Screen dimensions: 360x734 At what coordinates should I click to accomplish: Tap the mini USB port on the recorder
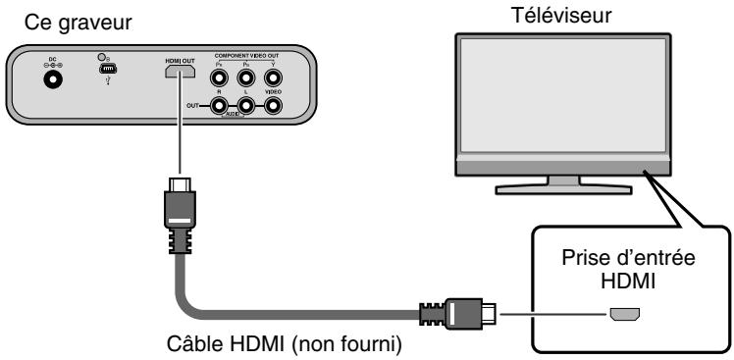(x=109, y=72)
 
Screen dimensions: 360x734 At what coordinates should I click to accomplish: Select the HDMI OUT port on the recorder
(x=179, y=73)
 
